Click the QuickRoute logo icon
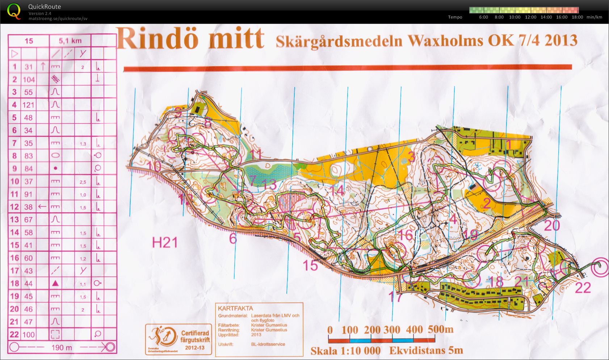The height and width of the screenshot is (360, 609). pos(14,11)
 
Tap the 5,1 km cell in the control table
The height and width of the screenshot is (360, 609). pos(70,41)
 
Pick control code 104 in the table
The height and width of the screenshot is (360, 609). pos(29,80)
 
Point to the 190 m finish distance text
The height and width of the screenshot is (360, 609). pos(62,348)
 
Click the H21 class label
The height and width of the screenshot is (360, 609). pos(165,243)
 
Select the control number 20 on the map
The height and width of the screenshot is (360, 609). pos(552,226)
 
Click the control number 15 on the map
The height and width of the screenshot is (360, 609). pos(310,265)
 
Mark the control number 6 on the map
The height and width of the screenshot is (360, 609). pos(233,239)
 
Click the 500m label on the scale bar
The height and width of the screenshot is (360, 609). pos(441,330)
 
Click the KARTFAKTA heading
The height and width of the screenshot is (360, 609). pos(235,309)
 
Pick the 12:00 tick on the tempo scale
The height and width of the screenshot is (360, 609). pos(530,17)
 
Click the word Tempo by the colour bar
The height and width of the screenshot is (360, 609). pos(455,17)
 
